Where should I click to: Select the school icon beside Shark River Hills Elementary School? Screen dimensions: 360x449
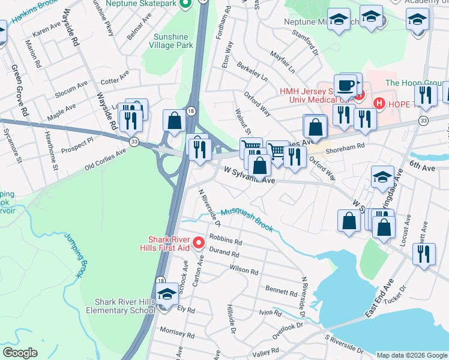tap(166, 295)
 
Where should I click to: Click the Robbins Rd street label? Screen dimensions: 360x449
tap(225, 241)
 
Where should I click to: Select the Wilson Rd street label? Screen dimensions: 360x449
tap(243, 271)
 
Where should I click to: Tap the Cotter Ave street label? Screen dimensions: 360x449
tap(110, 81)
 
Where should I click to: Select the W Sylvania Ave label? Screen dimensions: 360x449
tap(249, 175)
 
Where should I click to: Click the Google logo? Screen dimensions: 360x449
tap(20, 352)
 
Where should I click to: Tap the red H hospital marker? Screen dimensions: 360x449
tap(379, 103)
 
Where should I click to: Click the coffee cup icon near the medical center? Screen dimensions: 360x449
tap(346, 85)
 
